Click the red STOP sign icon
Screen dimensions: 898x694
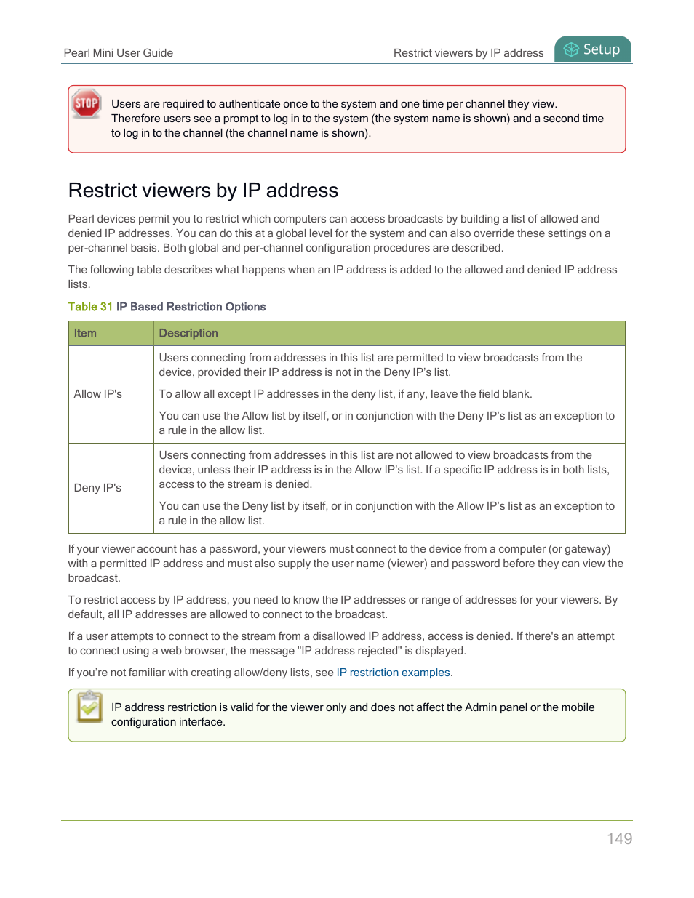[87, 103]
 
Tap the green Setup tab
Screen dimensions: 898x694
[593, 49]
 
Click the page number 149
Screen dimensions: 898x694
[619, 838]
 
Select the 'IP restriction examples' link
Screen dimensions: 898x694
[393, 673]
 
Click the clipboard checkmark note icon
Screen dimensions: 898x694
[89, 707]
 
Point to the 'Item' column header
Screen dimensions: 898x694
[85, 333]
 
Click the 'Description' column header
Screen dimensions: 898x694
[188, 333]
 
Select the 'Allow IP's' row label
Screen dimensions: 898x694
[98, 394]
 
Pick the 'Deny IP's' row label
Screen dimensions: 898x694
[97, 488]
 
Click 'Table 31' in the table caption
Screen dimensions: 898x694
[90, 307]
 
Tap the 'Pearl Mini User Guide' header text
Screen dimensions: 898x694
[119, 53]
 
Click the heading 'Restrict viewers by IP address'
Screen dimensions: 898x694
[203, 191]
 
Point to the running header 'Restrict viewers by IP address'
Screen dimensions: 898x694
[468, 53]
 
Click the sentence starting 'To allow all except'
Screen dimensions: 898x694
[346, 394]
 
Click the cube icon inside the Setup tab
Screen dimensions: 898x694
[571, 49]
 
